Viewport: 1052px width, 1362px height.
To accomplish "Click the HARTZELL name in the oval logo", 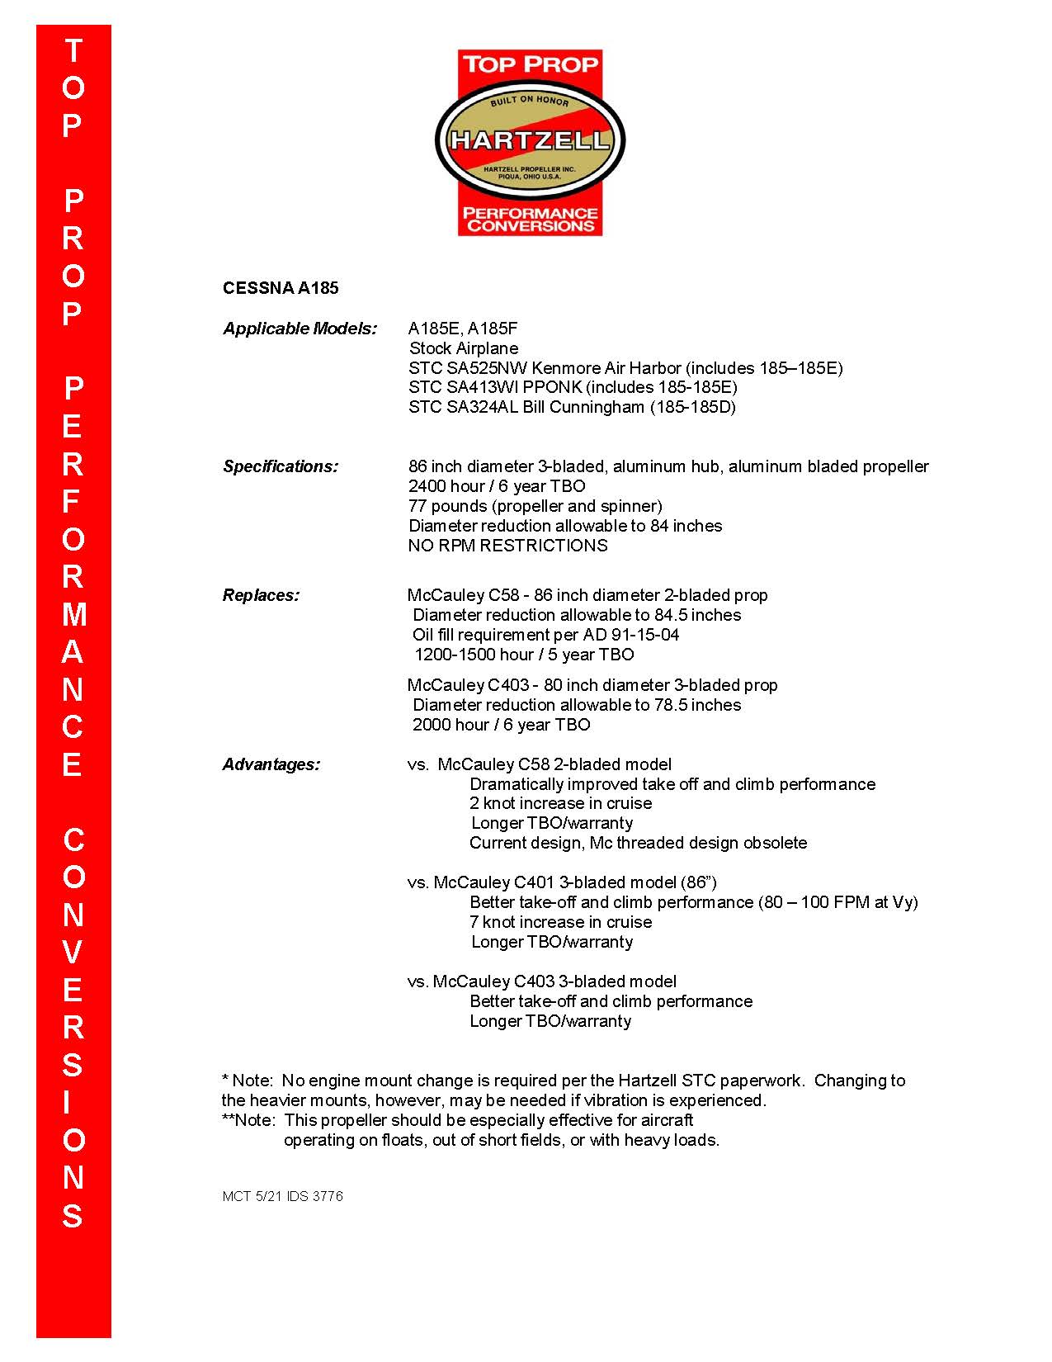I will tap(530, 140).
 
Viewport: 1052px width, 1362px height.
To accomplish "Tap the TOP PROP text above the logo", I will tap(530, 64).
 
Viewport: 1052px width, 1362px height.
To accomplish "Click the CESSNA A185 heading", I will tap(281, 288).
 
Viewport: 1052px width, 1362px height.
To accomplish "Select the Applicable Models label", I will tap(300, 329).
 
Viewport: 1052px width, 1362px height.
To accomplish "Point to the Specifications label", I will tap(281, 466).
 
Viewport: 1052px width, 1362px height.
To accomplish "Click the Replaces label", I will tap(261, 595).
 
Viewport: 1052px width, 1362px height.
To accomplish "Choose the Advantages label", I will tap(271, 764).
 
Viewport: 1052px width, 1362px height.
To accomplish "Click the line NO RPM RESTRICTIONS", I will tap(507, 546).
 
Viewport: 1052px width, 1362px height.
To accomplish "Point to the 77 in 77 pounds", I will tap(417, 506).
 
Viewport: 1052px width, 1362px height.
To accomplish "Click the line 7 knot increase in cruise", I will tap(560, 922).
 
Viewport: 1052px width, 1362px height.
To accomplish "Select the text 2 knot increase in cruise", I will tap(560, 803).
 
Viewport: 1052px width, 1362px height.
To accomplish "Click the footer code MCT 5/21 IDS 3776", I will tap(282, 1196).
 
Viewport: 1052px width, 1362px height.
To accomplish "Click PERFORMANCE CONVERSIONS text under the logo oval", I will tap(530, 219).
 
